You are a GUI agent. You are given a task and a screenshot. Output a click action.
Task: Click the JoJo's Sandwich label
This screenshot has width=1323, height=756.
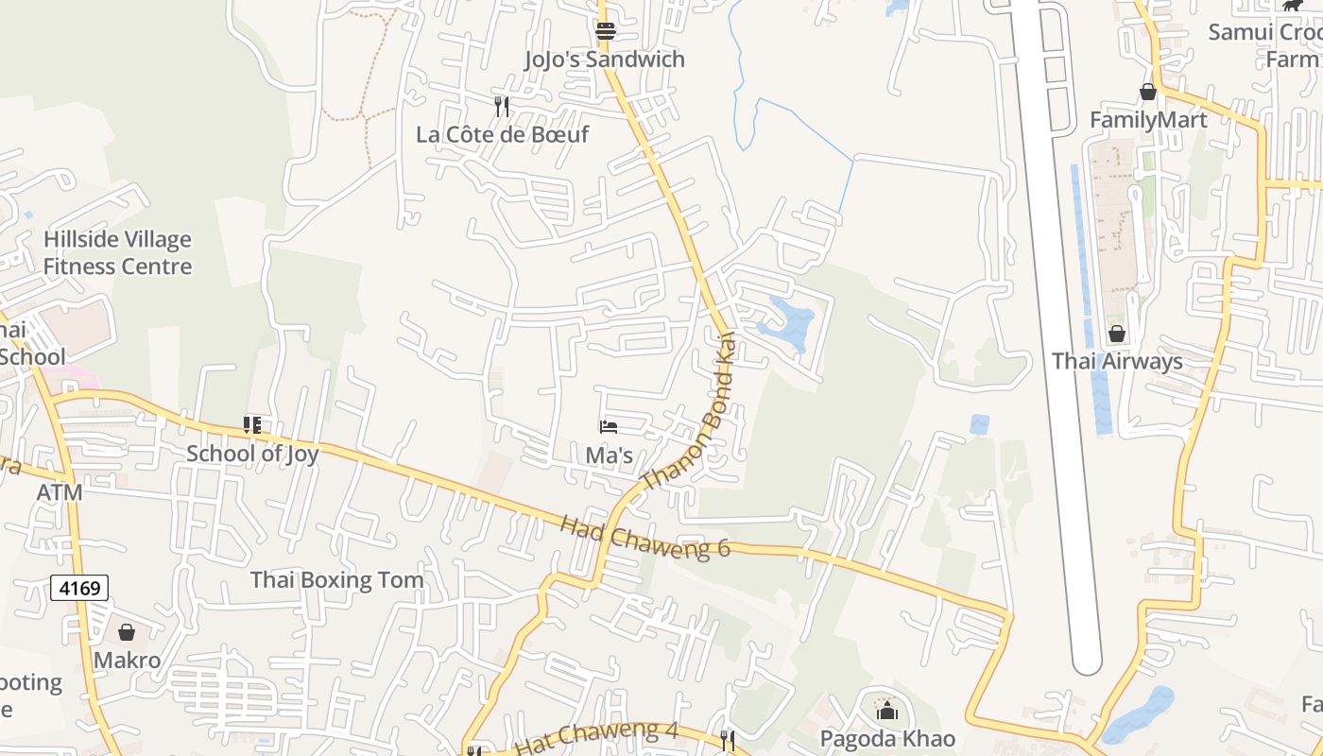[x=605, y=60]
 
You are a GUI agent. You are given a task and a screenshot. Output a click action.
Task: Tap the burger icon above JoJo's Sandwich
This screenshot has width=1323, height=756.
[x=606, y=31]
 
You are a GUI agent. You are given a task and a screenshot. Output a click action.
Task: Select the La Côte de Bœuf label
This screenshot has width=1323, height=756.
[x=502, y=134]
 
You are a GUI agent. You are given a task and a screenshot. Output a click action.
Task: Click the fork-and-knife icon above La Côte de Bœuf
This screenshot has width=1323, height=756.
[x=502, y=106]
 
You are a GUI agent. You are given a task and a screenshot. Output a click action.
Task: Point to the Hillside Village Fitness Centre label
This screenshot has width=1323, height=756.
[x=117, y=253]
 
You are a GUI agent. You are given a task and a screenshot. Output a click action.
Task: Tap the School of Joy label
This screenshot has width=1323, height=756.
[x=252, y=454]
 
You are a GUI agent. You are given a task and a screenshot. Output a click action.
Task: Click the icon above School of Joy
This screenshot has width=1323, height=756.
[x=252, y=425]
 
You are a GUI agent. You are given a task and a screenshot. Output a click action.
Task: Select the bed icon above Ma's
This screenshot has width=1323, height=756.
[x=609, y=427]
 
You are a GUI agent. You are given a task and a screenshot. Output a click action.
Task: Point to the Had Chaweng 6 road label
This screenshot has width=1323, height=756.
[x=645, y=537]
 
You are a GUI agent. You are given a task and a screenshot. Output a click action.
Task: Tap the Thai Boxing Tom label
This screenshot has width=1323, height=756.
[x=336, y=580]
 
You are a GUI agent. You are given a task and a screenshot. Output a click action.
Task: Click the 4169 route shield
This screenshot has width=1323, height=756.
[x=79, y=589]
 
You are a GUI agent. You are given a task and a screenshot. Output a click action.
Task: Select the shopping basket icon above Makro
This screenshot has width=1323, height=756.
[x=127, y=632]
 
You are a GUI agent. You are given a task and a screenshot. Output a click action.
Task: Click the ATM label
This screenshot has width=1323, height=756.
[x=60, y=493]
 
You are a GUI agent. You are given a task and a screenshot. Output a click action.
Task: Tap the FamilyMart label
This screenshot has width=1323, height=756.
[x=1148, y=120]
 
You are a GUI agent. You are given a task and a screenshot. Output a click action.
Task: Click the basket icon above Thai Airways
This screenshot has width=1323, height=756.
[x=1117, y=334]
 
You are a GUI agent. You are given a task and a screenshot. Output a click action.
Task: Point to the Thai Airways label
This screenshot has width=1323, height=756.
[x=1117, y=362]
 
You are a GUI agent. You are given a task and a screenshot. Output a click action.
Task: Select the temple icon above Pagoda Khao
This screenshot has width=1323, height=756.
[x=886, y=710]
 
